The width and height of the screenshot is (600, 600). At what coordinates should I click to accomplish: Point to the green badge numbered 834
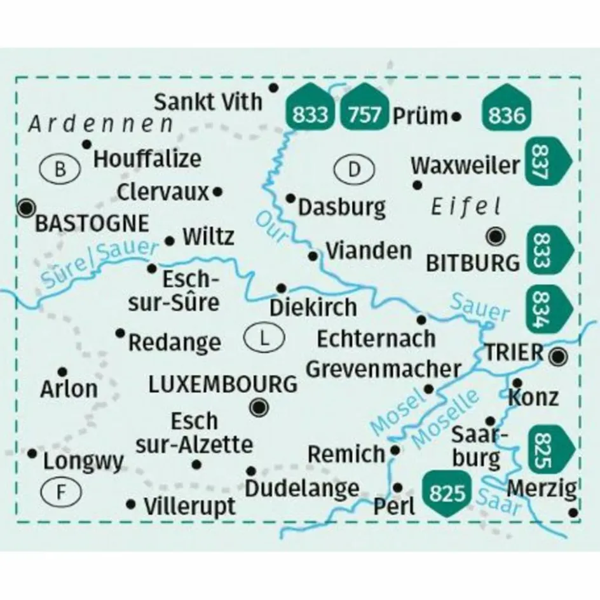point(546,309)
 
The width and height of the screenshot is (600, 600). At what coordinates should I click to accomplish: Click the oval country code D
point(355,169)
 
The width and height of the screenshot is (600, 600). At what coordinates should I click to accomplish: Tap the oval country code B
point(60,169)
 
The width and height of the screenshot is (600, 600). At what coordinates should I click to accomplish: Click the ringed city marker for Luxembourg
point(259,407)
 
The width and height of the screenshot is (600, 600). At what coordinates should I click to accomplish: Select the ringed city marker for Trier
point(559,357)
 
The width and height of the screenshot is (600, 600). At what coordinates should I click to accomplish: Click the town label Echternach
point(376,337)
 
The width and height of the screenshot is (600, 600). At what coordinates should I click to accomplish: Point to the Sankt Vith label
point(208,101)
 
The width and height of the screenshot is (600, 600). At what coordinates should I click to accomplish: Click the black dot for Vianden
point(313,256)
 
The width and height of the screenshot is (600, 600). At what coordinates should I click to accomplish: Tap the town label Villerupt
point(189,507)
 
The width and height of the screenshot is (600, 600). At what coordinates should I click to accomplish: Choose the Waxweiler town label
point(465,166)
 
